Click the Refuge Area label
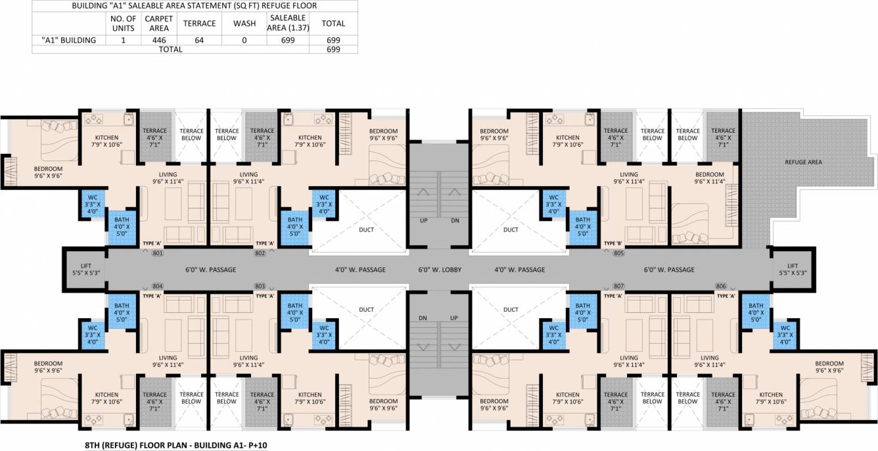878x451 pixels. (x=803, y=162)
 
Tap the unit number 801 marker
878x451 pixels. (x=157, y=253)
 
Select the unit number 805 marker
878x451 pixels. (x=618, y=253)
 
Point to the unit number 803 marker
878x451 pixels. (x=260, y=286)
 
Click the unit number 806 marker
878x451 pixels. (x=721, y=286)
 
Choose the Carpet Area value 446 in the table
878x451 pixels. (x=158, y=40)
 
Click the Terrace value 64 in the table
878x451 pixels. (x=199, y=40)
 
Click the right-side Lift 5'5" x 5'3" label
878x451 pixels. (x=793, y=270)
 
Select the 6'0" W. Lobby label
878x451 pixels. (x=440, y=270)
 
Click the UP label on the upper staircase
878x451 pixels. (x=424, y=221)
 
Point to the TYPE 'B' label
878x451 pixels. (x=612, y=243)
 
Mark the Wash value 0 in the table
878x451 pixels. (x=244, y=40)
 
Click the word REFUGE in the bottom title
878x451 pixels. (x=123, y=445)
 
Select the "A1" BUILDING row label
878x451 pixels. (x=68, y=40)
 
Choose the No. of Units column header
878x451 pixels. (x=124, y=23)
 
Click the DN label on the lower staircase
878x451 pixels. (x=424, y=318)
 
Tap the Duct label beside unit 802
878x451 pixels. (x=367, y=230)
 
